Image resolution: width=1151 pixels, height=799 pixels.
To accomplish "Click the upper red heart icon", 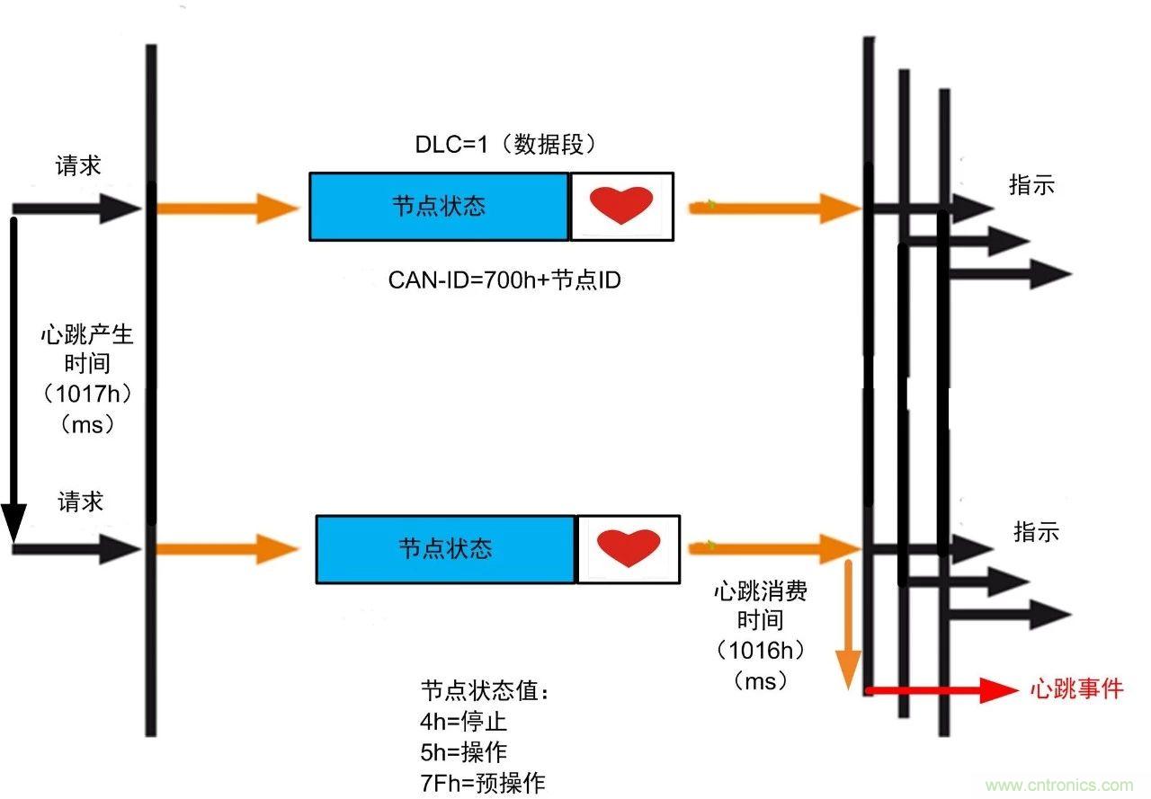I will pyautogui.click(x=620, y=205).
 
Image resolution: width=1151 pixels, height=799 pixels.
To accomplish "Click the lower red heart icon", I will pyautogui.click(x=629, y=547).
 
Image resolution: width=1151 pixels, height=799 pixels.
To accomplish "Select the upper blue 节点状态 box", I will pyautogui.click(x=439, y=207).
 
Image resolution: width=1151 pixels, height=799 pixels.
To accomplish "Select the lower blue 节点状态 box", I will pyautogui.click(x=445, y=548).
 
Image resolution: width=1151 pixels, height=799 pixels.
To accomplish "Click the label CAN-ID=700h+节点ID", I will pyautogui.click(x=504, y=280).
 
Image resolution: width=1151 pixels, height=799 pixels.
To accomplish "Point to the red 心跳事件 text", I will pyautogui.click(x=1076, y=689).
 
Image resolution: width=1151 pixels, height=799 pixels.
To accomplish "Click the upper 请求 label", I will pyautogui.click(x=79, y=165).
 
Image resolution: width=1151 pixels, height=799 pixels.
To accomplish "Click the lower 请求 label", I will pyautogui.click(x=81, y=502).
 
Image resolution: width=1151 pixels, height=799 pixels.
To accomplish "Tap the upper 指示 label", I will pyautogui.click(x=1031, y=185).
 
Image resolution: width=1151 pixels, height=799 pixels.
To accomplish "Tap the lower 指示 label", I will pyautogui.click(x=1036, y=531).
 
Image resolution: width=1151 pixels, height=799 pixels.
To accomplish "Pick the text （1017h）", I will pyautogui.click(x=87, y=395).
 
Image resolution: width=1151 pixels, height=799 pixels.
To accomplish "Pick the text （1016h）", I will pyautogui.click(x=761, y=650).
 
